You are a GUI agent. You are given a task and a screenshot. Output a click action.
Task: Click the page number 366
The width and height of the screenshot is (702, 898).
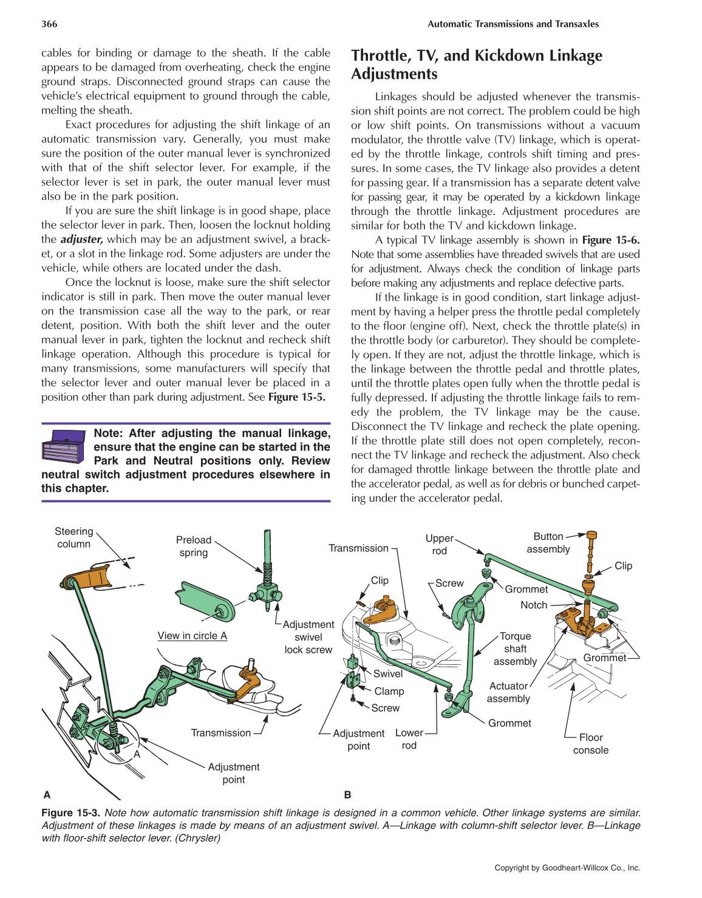tap(49, 24)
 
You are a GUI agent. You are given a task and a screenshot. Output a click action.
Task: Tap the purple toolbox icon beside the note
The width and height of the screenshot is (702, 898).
tap(63, 446)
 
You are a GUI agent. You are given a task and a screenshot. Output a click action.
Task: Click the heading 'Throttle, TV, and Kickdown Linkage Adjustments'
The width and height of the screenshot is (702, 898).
tap(476, 64)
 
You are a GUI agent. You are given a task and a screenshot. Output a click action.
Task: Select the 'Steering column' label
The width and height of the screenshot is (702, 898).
tap(73, 538)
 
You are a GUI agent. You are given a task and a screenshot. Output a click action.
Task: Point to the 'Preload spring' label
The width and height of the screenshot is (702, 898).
tap(194, 546)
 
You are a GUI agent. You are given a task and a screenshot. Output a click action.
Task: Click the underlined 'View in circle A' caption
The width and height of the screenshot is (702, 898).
tap(192, 636)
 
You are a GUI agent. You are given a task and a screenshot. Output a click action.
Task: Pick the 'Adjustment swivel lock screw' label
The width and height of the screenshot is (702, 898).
tap(308, 637)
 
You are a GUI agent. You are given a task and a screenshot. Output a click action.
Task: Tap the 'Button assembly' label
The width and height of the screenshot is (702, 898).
tap(548, 543)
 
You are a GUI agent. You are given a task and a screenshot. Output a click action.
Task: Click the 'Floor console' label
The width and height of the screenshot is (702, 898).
tap(590, 744)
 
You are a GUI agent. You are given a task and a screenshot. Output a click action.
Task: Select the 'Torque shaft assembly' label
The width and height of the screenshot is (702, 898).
tap(515, 648)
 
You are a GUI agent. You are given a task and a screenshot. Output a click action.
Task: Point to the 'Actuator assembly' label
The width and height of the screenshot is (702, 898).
tap(508, 692)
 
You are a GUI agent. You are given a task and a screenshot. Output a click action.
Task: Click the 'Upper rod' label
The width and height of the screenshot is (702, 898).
tap(439, 545)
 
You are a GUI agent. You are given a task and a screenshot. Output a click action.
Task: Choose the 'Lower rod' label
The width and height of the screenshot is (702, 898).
tap(409, 739)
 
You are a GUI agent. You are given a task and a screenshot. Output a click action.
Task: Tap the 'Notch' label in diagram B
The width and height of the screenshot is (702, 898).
tap(534, 605)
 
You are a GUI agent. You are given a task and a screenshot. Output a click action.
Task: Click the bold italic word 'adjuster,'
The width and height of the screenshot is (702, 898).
tap(81, 239)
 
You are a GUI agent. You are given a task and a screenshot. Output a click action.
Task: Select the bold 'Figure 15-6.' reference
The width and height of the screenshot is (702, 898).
tap(610, 240)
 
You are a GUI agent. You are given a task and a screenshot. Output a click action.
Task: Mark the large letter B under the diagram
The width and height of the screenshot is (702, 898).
tap(347, 795)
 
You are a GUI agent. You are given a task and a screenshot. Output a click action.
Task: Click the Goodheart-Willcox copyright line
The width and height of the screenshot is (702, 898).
tap(567, 868)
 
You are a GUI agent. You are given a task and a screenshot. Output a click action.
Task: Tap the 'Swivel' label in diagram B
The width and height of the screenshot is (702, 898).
tap(387, 673)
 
